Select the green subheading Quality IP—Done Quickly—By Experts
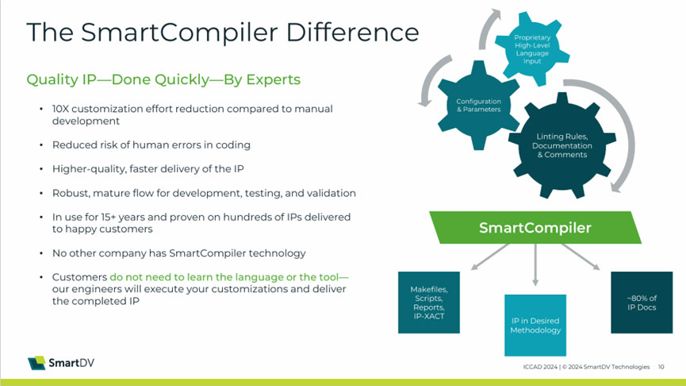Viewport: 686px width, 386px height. [163, 79]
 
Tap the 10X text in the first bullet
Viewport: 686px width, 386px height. [62, 108]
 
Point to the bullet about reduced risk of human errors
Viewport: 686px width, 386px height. [151, 145]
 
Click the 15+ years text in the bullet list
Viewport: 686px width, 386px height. [118, 217]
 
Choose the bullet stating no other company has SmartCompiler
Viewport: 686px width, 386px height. [178, 253]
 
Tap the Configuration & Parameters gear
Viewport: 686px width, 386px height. [478, 105]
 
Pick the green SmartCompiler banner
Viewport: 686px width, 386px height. [535, 228]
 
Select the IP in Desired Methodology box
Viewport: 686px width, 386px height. [535, 325]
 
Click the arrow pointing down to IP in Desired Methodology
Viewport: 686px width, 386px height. [535, 267]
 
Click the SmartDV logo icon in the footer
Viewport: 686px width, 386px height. [36, 363]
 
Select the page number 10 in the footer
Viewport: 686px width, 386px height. [661, 367]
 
